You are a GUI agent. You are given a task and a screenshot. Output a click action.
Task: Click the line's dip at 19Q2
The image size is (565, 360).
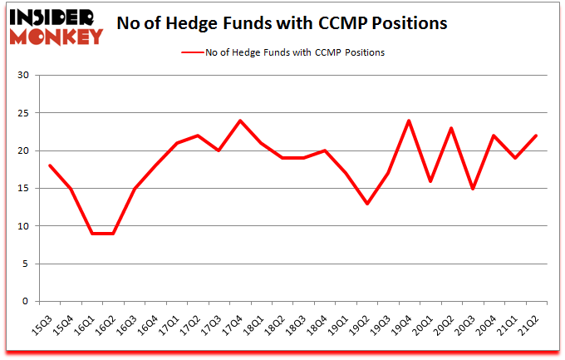367,204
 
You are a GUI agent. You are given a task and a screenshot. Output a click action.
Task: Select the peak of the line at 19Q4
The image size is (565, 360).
410,121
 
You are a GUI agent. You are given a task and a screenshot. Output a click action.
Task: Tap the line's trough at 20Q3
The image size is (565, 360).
474,189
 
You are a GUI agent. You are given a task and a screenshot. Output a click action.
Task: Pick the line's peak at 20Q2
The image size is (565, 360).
452,128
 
